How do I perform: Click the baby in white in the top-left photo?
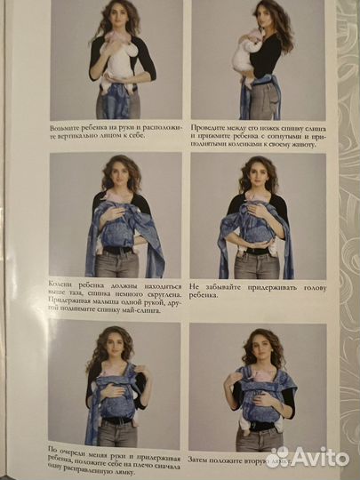[x=116, y=59]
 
